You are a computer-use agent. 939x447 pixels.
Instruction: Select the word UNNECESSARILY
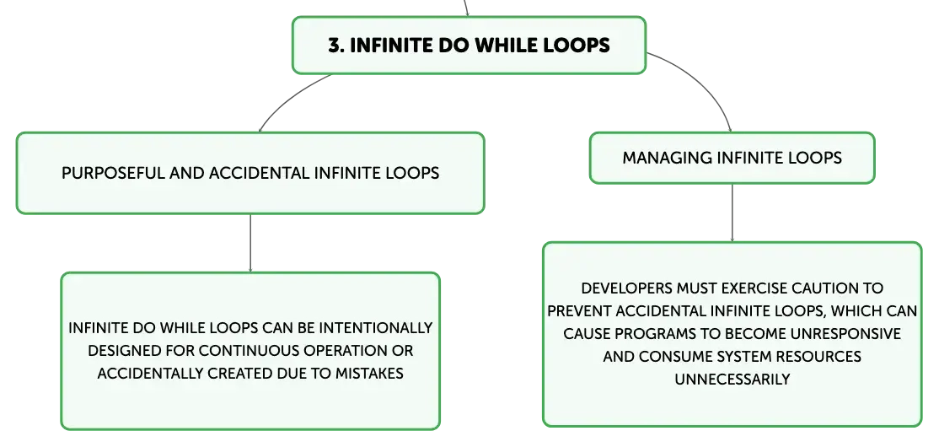732,380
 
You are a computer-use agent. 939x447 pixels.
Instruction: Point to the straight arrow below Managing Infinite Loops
732,213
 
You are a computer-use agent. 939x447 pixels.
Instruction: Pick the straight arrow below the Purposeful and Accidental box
250,243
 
